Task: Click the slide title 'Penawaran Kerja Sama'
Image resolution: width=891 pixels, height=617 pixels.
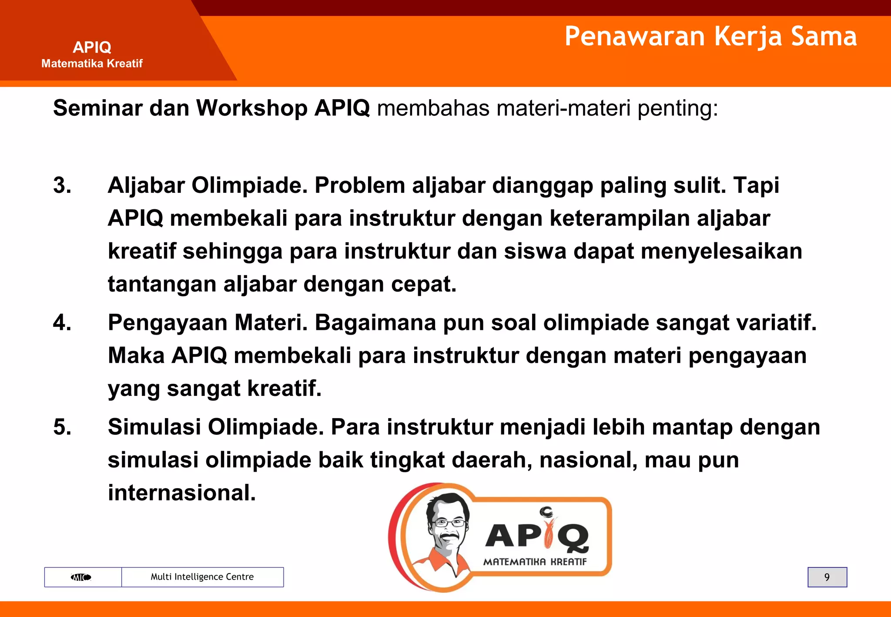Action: click(710, 36)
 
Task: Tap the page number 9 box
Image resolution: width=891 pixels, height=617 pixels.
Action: click(827, 577)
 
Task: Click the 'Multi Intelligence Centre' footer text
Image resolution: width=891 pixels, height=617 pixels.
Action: click(202, 577)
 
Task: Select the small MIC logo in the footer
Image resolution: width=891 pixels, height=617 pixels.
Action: click(81, 577)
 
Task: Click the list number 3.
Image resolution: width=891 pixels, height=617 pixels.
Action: click(62, 185)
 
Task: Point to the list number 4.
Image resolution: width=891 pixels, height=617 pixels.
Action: click(62, 323)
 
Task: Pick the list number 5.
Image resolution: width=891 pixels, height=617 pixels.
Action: click(62, 427)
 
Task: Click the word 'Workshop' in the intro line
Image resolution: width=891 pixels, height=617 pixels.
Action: click(252, 108)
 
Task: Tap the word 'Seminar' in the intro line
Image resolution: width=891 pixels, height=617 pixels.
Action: click(98, 108)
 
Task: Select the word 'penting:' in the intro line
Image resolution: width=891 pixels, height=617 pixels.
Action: click(677, 108)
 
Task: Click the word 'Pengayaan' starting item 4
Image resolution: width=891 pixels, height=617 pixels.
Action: click(167, 323)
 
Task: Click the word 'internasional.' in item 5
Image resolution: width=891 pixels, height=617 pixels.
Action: click(182, 493)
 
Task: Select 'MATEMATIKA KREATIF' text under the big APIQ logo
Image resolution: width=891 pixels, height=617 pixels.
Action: click(535, 562)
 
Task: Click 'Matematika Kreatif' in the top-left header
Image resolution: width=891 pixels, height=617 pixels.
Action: click(92, 64)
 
